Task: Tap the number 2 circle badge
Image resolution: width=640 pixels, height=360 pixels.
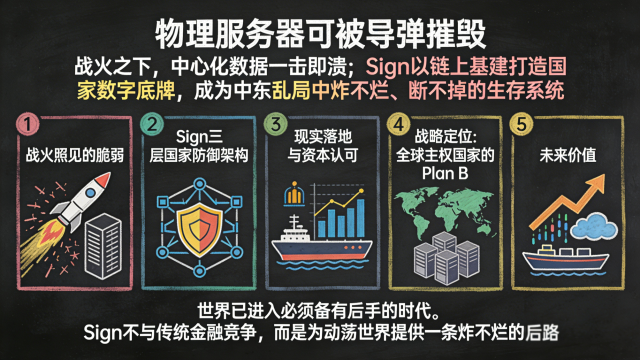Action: [x=151, y=124]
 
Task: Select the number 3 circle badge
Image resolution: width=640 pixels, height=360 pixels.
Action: [x=274, y=124]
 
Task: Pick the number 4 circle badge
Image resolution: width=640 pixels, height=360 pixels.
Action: [x=398, y=124]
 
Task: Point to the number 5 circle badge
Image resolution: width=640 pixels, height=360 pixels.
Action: [x=521, y=124]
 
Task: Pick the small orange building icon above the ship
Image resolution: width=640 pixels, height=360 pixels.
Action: [x=293, y=196]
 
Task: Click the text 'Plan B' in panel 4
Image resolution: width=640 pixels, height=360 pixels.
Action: [x=444, y=172]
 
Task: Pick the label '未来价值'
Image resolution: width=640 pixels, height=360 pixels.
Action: [x=567, y=155]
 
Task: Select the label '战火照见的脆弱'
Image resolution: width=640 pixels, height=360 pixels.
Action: [x=74, y=155]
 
